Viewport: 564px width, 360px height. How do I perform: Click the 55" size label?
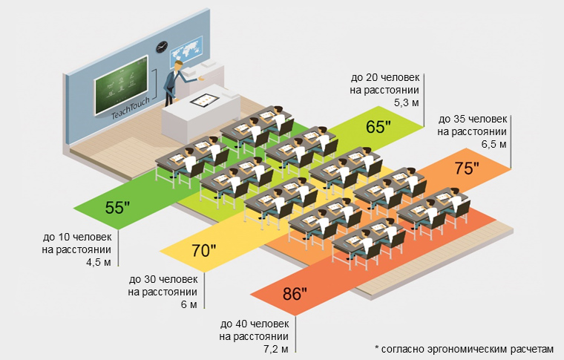tap(118, 207)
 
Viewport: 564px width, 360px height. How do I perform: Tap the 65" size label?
tap(378, 127)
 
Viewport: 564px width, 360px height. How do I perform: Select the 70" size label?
tap(204, 250)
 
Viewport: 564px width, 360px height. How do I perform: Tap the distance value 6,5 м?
tap(494, 143)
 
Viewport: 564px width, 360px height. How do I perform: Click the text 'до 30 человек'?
tap(163, 280)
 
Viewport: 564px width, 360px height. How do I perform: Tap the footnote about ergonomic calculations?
tap(464, 348)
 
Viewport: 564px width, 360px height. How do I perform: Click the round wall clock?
tap(162, 48)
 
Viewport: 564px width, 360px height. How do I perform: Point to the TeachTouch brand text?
tap(131, 108)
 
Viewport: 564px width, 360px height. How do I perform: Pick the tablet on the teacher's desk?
tap(200, 97)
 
